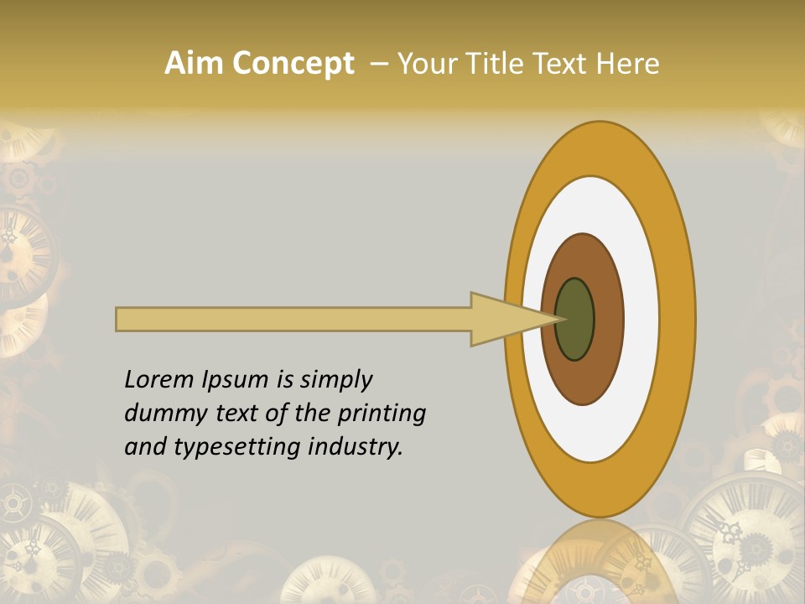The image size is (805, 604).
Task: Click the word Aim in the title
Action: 194,64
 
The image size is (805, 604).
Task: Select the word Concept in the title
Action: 293,65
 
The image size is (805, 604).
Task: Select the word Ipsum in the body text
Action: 234,381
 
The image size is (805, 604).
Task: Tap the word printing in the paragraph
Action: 382,414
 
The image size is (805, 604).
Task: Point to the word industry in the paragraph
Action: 356,447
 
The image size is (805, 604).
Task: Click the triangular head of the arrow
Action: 503,319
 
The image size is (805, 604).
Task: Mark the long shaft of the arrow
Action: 293,319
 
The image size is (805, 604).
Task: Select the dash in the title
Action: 378,64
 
